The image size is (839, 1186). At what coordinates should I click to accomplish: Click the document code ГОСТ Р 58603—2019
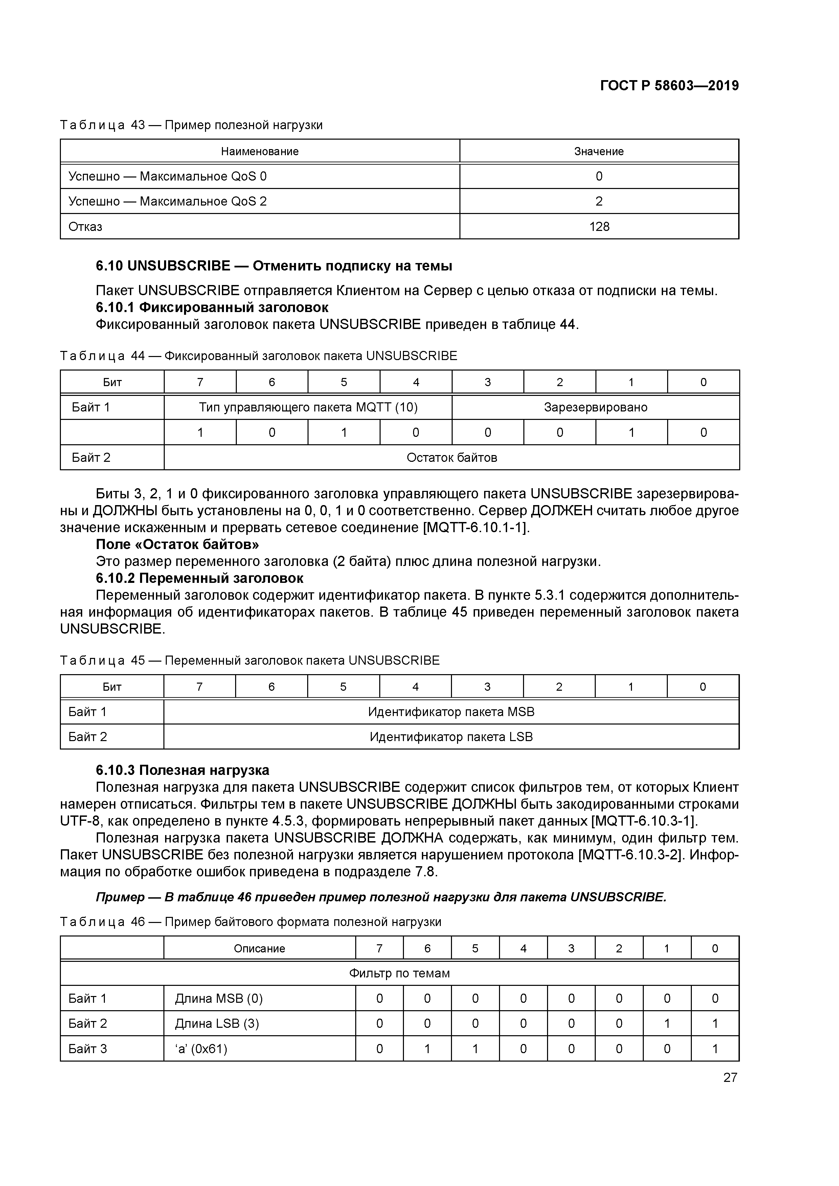670,86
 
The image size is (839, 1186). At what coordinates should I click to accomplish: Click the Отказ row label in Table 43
85,226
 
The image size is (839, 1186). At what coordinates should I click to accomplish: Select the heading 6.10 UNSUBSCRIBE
274,266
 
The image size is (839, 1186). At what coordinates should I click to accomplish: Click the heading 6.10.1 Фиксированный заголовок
212,307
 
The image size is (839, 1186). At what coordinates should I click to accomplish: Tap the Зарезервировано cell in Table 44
595,407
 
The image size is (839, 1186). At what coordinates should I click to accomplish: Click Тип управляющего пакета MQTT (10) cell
308,407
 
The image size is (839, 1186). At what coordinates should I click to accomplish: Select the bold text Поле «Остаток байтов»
177,544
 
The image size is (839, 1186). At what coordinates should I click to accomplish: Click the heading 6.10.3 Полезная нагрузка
182,770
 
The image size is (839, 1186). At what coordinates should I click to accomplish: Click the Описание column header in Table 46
259,948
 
